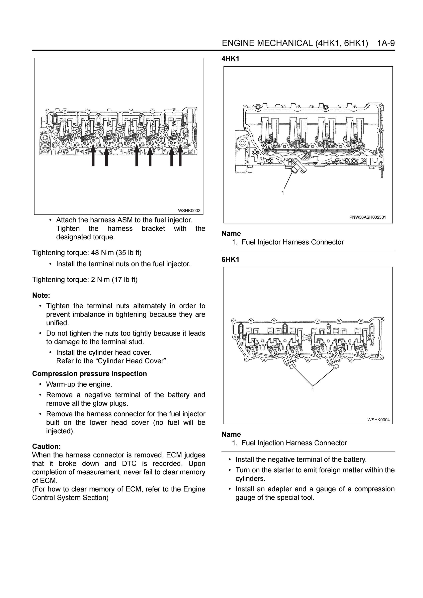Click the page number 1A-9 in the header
coord(386,43)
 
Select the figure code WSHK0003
coord(189,210)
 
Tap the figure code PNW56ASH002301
coord(368,217)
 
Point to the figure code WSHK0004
coord(379,420)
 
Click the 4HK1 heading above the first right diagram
coord(230,59)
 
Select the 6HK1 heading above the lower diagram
coord(230,259)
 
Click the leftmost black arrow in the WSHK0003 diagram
coord(93,155)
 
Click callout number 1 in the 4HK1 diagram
coord(283,193)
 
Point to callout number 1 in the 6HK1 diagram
coord(313,390)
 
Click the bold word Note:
coord(41,295)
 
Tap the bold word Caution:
coord(46,447)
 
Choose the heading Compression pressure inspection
coord(89,374)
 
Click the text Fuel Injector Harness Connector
coord(293,242)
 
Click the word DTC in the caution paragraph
coord(129,464)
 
